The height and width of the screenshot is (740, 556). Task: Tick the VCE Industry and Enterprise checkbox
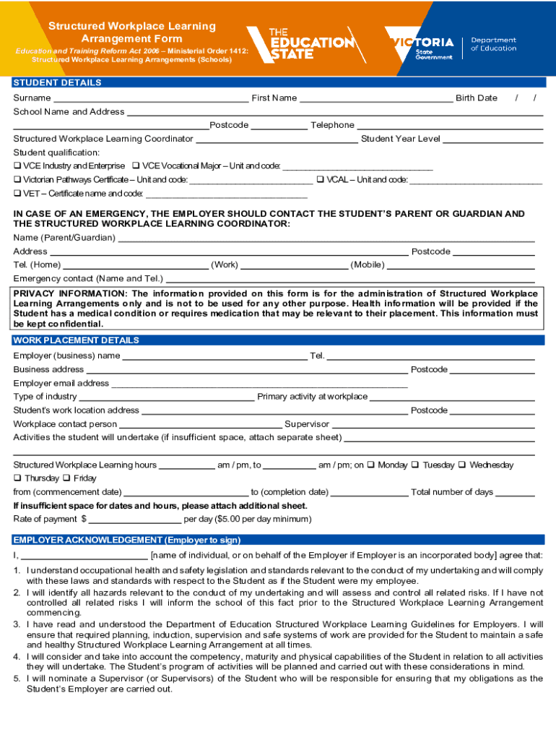(17, 166)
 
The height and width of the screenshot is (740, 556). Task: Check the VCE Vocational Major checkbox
(136, 166)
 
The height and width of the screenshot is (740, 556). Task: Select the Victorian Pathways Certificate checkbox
(17, 180)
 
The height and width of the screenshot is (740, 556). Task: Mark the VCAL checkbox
(321, 180)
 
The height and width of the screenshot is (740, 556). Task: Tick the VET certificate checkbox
(17, 194)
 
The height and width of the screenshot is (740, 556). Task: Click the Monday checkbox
(371, 465)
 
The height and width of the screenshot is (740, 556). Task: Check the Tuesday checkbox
(416, 465)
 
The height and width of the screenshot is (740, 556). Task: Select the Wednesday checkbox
(462, 465)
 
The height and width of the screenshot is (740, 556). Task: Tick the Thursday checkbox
(17, 478)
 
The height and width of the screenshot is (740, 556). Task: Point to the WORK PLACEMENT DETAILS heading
(76, 340)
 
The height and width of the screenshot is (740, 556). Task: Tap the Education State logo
(300, 44)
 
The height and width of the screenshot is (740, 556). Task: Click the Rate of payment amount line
(134, 520)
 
